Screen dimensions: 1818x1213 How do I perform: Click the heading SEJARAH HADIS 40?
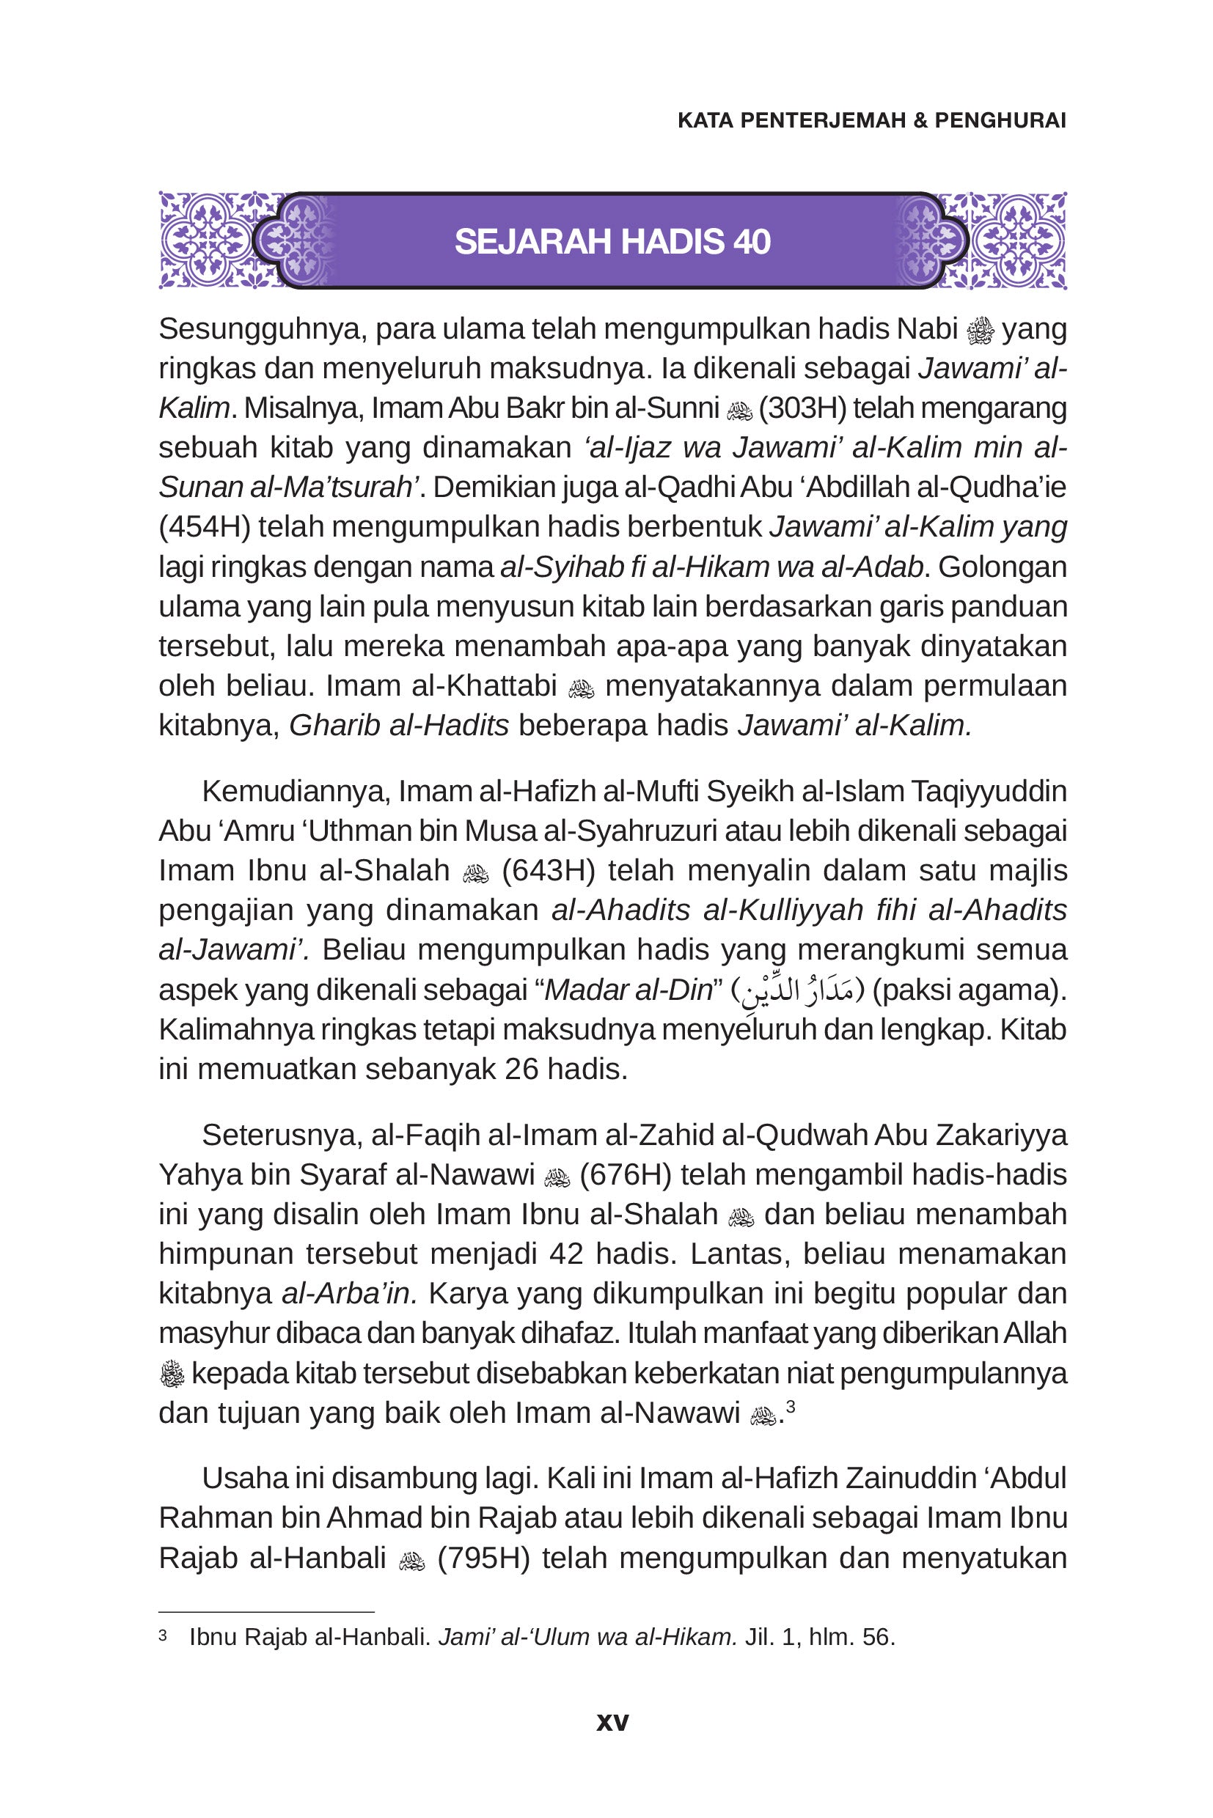pos(612,242)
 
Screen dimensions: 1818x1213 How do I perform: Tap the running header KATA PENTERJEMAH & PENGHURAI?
pos(872,121)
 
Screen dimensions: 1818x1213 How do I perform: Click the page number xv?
pos(612,1721)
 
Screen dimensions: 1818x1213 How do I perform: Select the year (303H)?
pos(802,408)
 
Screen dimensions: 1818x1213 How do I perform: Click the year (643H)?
pos(548,871)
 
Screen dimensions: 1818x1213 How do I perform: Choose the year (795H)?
pos(483,1558)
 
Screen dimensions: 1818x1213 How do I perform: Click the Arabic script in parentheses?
pos(799,990)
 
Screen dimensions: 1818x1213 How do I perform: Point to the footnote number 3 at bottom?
pos(164,1635)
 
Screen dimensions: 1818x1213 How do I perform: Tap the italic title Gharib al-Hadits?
pos(399,725)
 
